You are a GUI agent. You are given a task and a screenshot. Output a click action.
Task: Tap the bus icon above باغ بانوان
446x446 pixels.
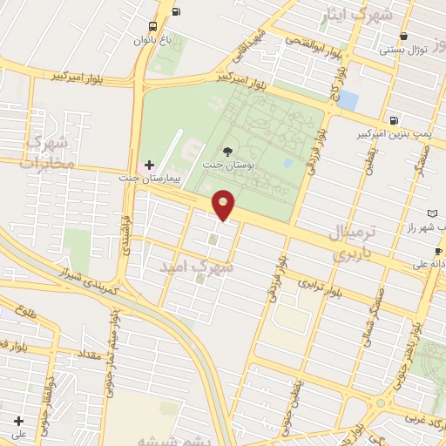tap(153, 26)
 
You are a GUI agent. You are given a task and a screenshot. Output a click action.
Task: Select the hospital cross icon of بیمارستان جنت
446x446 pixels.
tap(149, 165)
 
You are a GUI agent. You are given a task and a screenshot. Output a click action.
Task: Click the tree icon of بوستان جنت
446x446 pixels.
tap(228, 152)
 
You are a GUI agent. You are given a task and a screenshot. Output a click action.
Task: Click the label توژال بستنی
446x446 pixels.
tap(402, 51)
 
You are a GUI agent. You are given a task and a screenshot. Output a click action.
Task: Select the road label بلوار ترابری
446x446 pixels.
tap(320, 287)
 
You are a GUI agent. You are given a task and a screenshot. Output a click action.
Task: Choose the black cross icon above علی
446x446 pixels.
tap(18, 422)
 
